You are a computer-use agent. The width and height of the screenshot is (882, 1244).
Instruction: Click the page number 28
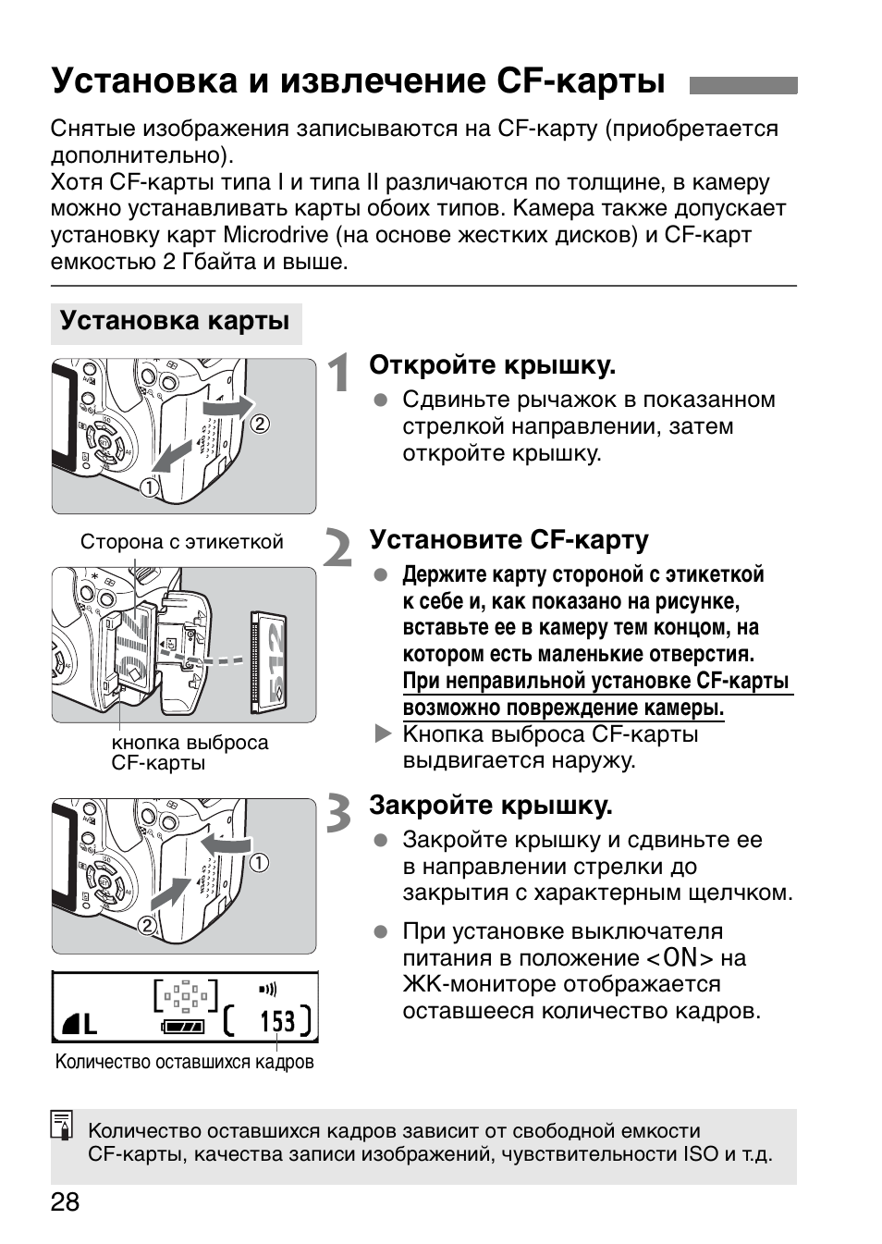coord(65,1202)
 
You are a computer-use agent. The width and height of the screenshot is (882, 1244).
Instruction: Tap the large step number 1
coord(339,374)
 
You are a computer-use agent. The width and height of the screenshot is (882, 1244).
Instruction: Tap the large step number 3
coord(339,814)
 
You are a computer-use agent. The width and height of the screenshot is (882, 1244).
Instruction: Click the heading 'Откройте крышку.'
coord(492,365)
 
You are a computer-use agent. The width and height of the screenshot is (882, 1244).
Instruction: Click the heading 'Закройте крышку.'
coord(490,806)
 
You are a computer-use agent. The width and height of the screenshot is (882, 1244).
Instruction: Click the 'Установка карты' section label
coord(175,322)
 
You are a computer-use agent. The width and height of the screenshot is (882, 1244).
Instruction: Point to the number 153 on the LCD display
coord(276,1021)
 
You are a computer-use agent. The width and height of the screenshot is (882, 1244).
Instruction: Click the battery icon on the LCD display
coord(183,1026)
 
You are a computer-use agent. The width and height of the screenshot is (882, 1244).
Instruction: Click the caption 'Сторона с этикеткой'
coord(181,542)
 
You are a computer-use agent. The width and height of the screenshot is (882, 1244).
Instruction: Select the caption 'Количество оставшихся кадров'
coord(184,1062)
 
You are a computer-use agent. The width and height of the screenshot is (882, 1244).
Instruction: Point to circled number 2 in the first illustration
coord(260,424)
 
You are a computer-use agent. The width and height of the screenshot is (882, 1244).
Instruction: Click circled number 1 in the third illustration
coord(260,863)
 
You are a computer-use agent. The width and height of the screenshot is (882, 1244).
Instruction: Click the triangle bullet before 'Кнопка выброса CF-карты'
coord(383,734)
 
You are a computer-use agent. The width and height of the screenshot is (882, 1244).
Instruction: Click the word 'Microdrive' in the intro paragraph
coord(277,235)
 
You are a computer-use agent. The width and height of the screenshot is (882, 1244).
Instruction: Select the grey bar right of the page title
coord(742,85)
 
